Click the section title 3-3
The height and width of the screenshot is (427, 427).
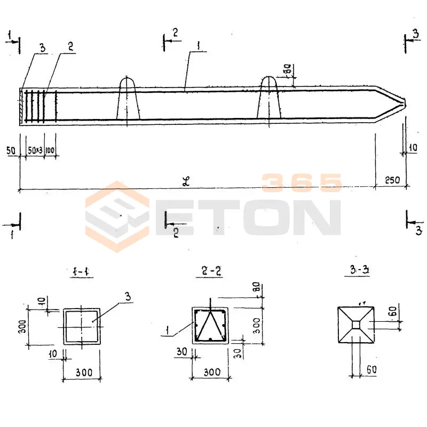[355, 271]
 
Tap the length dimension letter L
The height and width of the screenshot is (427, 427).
[186, 181]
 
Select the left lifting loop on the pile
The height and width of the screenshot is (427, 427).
[128, 99]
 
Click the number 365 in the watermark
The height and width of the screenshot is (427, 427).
[302, 183]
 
